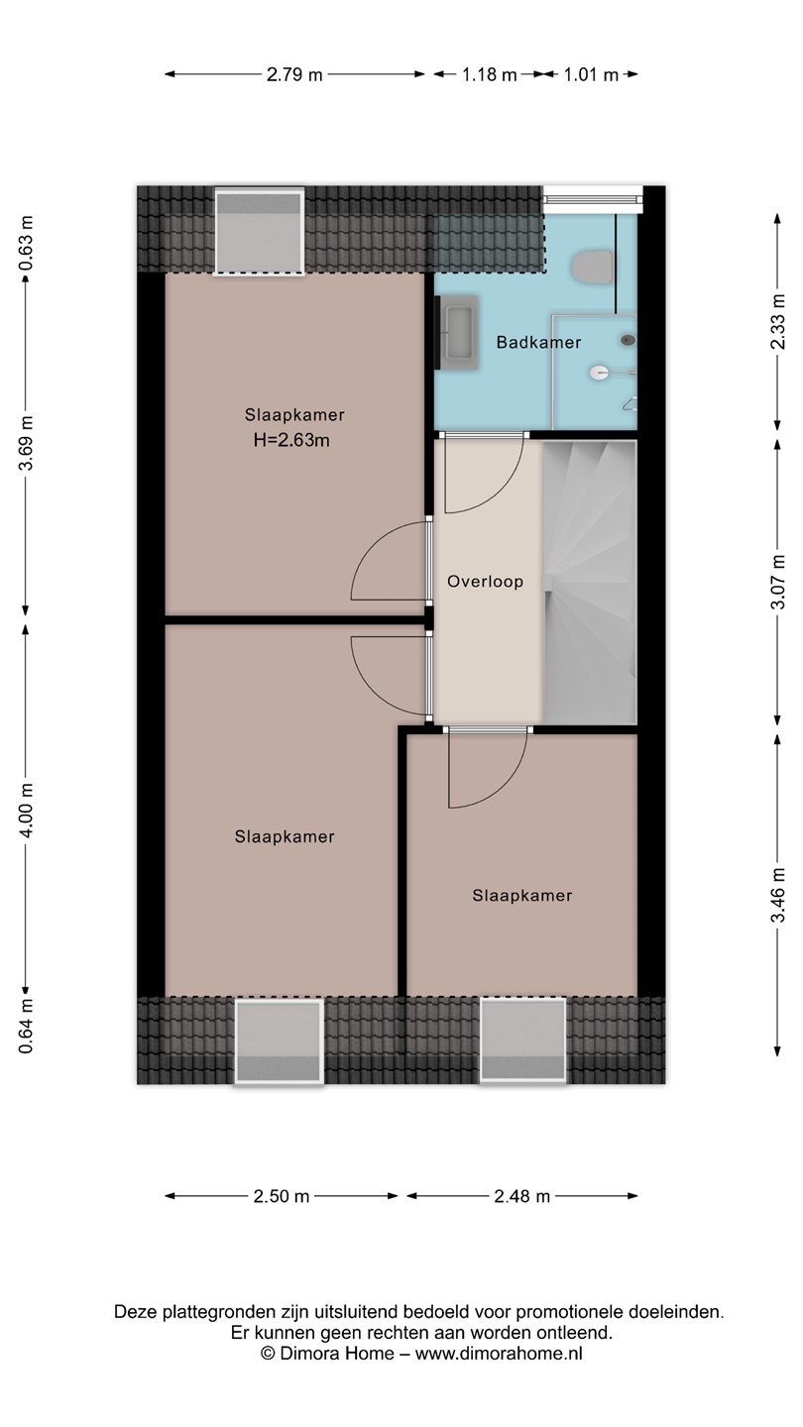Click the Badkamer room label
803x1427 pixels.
click(x=538, y=343)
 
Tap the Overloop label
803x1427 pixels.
click(x=485, y=581)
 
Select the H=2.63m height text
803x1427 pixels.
click(x=291, y=440)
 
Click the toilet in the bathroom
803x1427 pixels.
click(x=593, y=268)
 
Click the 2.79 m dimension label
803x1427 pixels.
click(x=294, y=74)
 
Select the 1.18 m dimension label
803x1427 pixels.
click(x=489, y=74)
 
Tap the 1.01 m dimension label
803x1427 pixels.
click(x=591, y=74)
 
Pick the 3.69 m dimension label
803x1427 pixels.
click(x=26, y=443)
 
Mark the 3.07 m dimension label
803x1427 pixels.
click(x=777, y=582)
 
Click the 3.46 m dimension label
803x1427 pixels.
click(x=777, y=895)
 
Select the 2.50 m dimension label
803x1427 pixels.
click(x=282, y=1196)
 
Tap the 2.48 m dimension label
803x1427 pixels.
click(x=521, y=1196)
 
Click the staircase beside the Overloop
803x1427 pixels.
click(x=590, y=582)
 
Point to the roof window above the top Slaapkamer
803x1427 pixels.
click(x=259, y=232)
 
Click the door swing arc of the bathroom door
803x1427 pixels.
click(x=505, y=492)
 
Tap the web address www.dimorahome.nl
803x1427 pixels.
click(x=499, y=1352)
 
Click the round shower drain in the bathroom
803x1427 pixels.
click(x=628, y=340)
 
